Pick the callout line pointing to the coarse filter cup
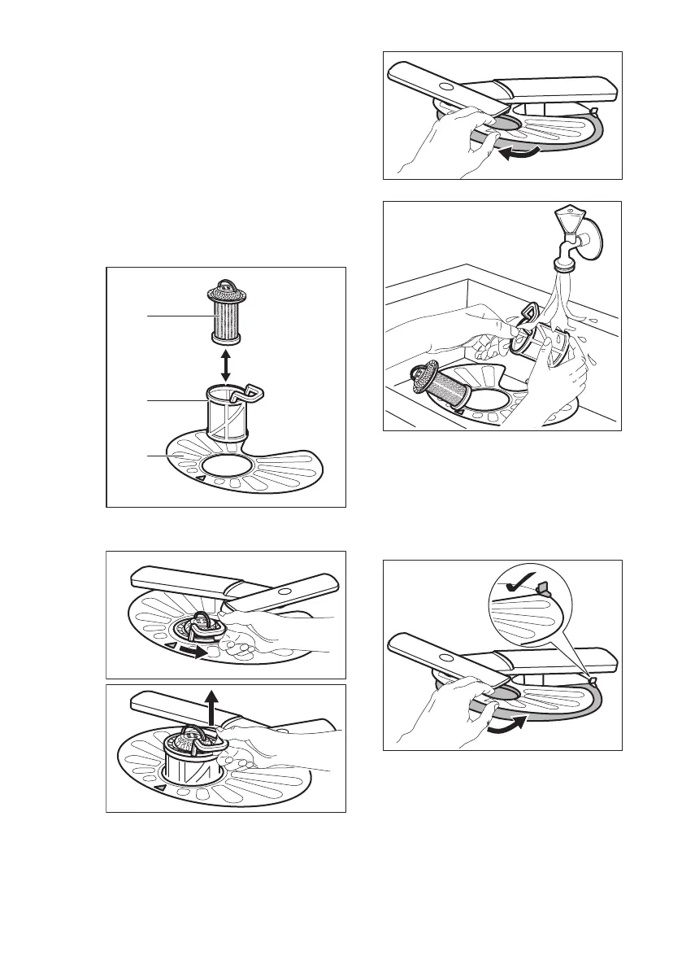coord(170,400)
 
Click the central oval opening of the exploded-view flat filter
coord(228,466)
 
